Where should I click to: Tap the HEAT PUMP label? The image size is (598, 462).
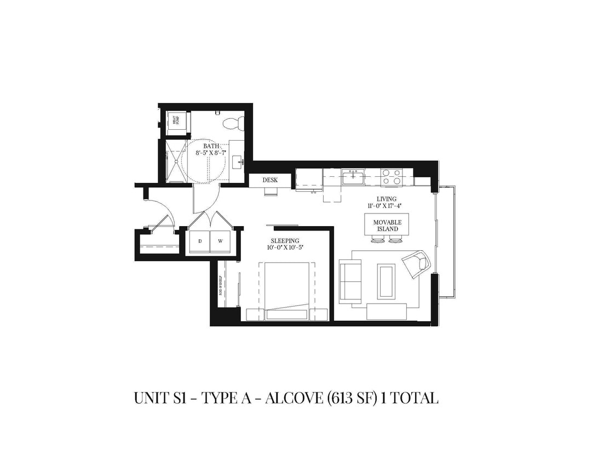coord(175,122)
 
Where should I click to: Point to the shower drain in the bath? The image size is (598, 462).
coord(175,161)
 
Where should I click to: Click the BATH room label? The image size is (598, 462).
coord(211,146)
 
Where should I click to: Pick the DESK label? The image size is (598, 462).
coord(270,180)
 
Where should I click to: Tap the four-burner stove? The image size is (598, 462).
coord(392,177)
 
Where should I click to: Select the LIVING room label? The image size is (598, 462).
coord(386,199)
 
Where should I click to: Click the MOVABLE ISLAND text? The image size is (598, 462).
coord(387,226)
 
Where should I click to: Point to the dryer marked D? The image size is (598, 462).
coord(200,241)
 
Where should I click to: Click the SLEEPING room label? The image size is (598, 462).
coord(285,240)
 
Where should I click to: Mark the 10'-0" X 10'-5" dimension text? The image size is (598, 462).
coord(285,247)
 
